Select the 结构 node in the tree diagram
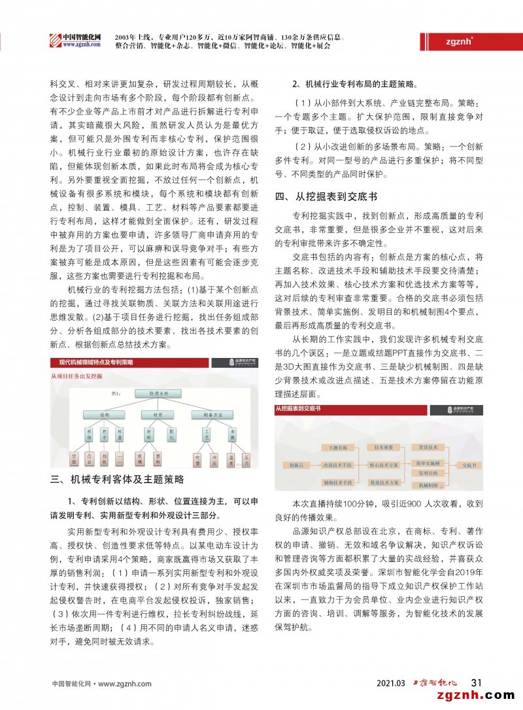coord(105,414)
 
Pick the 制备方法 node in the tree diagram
coord(212,414)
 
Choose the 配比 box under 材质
coord(172,435)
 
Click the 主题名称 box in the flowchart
coord(338,447)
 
